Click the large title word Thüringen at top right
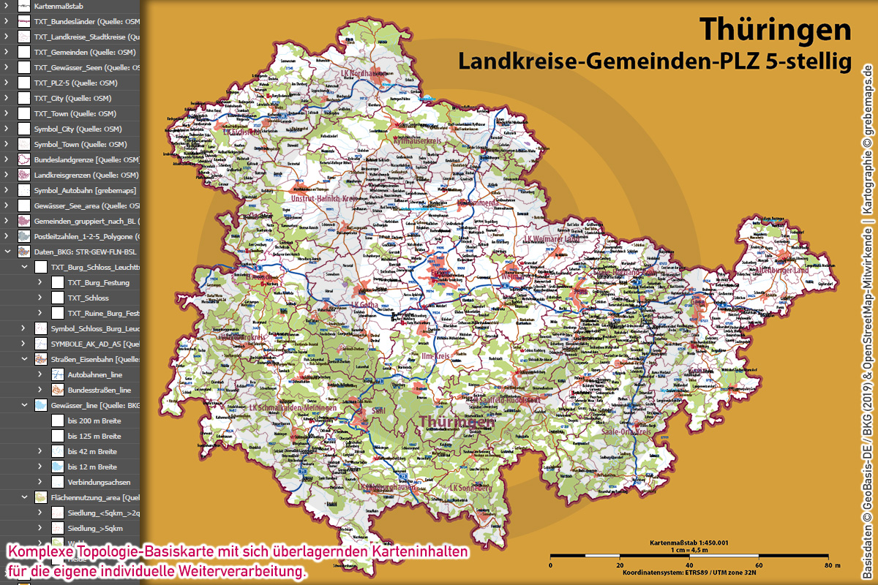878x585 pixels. [x=776, y=29]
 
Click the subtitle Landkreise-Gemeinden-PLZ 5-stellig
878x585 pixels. [x=655, y=61]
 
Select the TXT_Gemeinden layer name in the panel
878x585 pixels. [x=84, y=52]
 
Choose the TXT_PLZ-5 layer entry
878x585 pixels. [x=75, y=83]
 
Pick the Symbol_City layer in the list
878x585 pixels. [x=78, y=129]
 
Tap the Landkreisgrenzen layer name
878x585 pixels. [x=86, y=175]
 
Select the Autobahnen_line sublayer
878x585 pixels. [x=94, y=374]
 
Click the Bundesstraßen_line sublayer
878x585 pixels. [x=99, y=390]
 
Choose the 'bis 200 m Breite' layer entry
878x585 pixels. [x=94, y=420]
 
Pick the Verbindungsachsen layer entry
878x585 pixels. [x=99, y=482]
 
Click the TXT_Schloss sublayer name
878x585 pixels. [x=88, y=298]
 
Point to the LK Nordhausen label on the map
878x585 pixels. [x=363, y=74]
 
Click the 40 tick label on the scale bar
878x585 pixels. [x=688, y=565]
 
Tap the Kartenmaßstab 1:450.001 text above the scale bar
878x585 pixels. [x=690, y=543]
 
